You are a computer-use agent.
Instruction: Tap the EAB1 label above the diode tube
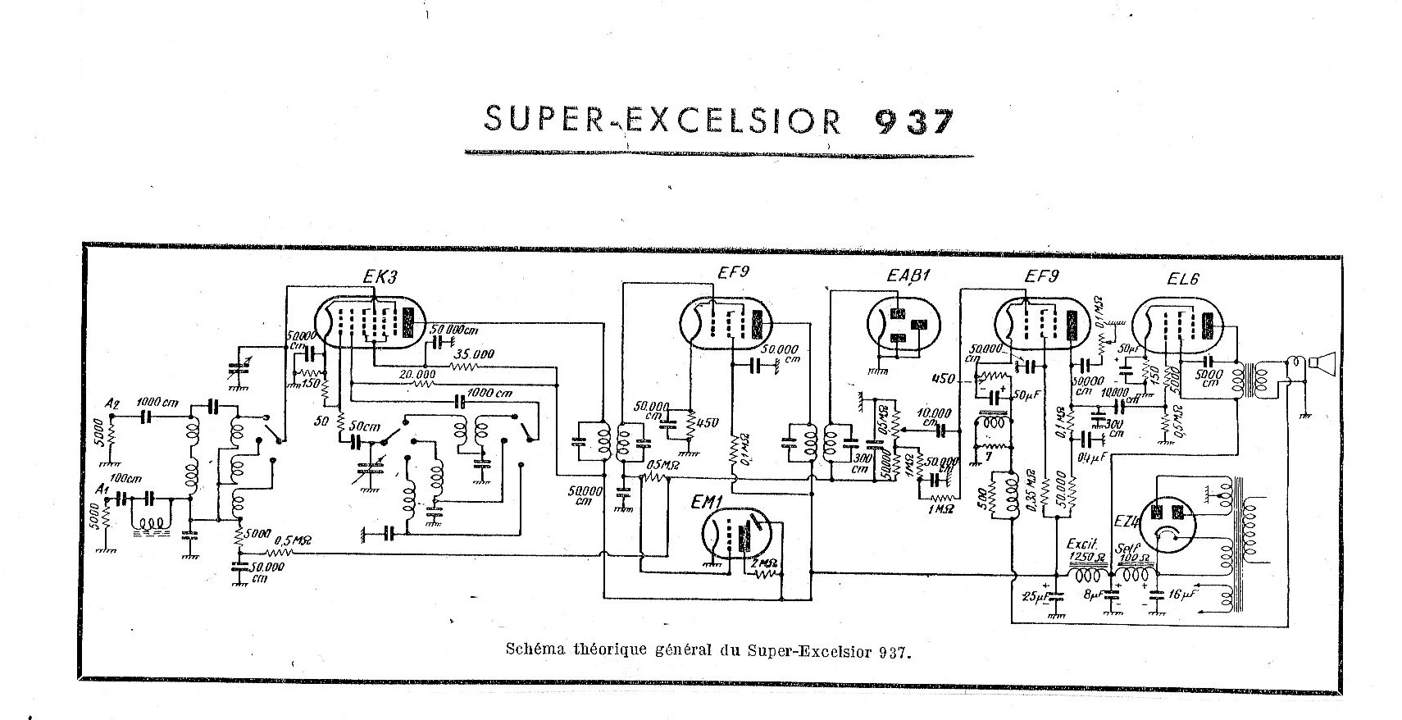902,277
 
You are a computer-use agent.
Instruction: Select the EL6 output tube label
1183,278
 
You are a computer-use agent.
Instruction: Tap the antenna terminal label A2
112,403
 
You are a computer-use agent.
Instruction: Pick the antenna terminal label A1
102,490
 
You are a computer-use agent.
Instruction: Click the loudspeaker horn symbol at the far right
1322,362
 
